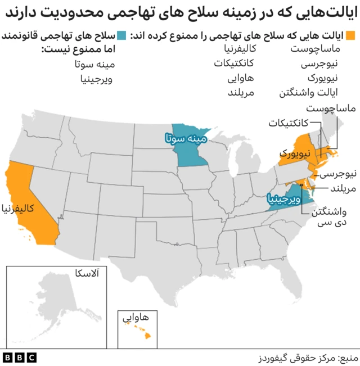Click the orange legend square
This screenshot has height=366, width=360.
(x=351, y=35)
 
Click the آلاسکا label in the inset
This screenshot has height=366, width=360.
(x=86, y=274)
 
